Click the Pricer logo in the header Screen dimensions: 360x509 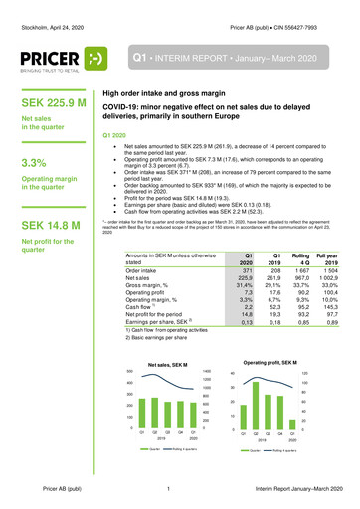coord(66,58)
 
